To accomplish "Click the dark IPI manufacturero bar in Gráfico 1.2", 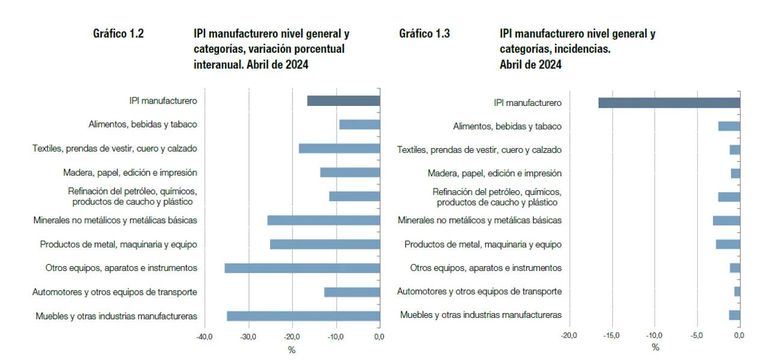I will coord(343,101).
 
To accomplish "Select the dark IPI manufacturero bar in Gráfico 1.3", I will coord(669,102).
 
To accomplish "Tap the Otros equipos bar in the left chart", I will coord(302,268).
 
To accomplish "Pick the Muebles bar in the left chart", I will coord(303,316).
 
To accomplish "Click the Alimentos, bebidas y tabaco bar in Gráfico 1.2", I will coord(359,125).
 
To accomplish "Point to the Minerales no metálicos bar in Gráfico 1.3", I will coord(726,220).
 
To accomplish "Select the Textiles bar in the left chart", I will coord(339,149).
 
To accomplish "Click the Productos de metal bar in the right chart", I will coord(728,244).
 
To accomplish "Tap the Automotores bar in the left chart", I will coord(352,292).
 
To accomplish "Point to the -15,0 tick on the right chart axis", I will coord(612,336).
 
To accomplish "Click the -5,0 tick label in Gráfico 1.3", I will coord(696,336).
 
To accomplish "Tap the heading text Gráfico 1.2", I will coord(118,34).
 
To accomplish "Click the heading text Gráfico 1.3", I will coord(424,34).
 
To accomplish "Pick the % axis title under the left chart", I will coord(291,349).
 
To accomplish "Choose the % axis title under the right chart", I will coord(655,348).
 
